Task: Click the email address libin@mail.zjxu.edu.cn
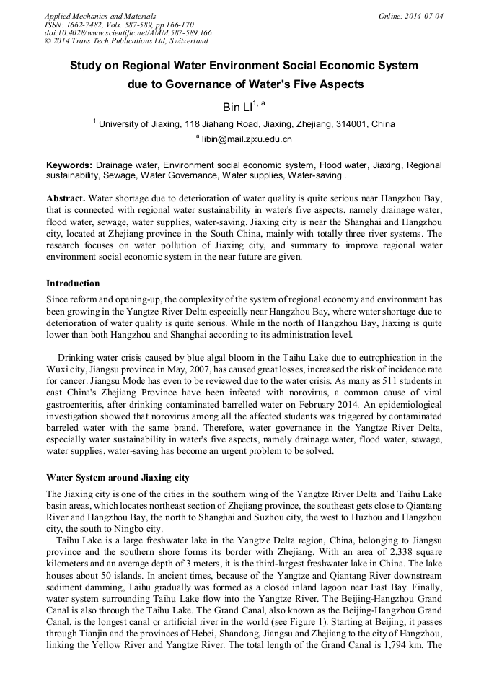(247, 139)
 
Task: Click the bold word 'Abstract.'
(66, 198)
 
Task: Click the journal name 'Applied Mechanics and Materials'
(100, 16)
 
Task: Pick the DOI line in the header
(128, 32)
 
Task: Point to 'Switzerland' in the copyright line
(186, 41)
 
